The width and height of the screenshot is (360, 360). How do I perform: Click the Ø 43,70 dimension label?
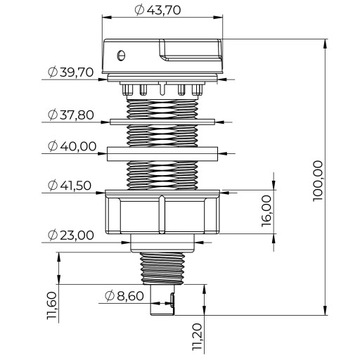click(x=158, y=10)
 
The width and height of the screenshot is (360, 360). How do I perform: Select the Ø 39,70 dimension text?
click(x=71, y=72)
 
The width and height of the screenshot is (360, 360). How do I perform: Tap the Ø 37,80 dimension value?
click(x=71, y=115)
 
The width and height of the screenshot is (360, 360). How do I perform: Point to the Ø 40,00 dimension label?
click(x=72, y=146)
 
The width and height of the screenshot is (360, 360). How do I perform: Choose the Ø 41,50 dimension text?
click(x=69, y=185)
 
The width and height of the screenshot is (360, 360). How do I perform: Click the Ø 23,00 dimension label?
click(x=71, y=235)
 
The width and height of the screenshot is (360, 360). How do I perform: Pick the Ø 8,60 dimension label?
click(x=124, y=296)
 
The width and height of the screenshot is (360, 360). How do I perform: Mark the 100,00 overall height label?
click(x=318, y=180)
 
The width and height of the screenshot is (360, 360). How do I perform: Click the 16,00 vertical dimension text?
click(x=267, y=211)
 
